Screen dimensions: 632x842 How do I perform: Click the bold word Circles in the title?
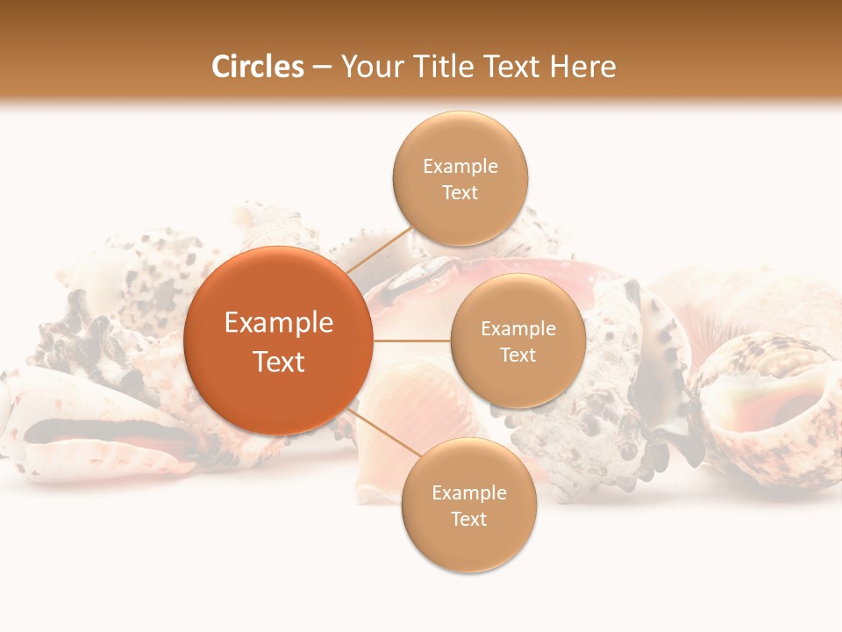tap(258, 67)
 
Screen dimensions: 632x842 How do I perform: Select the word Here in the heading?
tap(582, 67)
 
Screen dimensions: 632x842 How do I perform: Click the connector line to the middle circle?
tap(411, 341)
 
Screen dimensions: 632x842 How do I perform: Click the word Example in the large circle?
tap(279, 323)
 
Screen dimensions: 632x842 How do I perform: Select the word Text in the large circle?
tap(279, 362)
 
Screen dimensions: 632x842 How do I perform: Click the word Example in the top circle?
tap(460, 167)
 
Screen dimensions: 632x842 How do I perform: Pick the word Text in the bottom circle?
tap(469, 519)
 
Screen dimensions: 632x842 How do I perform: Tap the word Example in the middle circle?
tap(518, 329)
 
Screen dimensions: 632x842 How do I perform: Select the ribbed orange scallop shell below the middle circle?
tap(412, 413)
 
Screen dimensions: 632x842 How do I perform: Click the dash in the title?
tap(321, 68)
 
